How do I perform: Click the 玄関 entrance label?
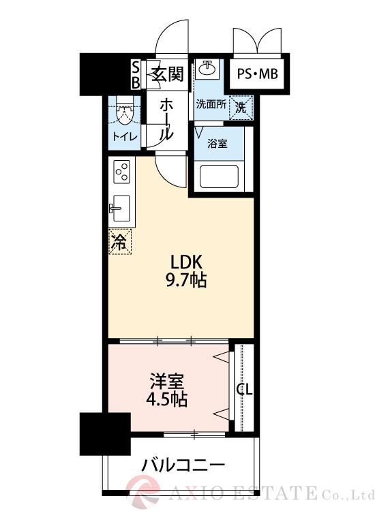(x=166, y=74)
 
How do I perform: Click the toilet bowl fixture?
(x=125, y=112)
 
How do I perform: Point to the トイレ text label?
(x=125, y=136)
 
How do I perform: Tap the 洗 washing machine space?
(x=241, y=107)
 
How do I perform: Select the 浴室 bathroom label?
(x=218, y=144)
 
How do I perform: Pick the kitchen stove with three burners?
(x=121, y=172)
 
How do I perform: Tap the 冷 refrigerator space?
(x=119, y=241)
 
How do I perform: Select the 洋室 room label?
(x=166, y=380)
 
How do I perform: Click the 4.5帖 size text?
(x=166, y=398)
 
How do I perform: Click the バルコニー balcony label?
(x=183, y=466)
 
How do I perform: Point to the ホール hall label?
(x=166, y=119)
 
